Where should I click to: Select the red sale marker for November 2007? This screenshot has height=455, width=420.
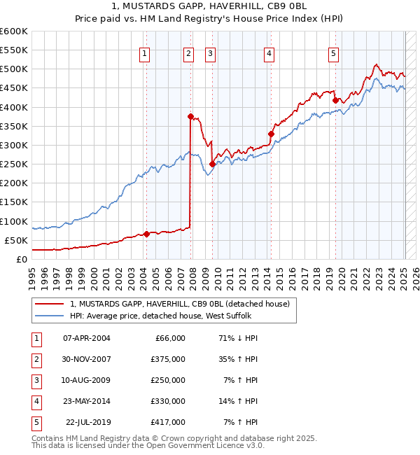tap(190, 116)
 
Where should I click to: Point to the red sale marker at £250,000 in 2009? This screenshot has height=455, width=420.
tap(212, 164)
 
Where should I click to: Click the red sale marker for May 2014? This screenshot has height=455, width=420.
tap(271, 134)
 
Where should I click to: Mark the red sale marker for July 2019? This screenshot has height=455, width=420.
tap(335, 101)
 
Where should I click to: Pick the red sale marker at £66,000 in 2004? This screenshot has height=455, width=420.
tap(146, 234)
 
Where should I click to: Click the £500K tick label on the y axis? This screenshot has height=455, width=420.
tap(13, 69)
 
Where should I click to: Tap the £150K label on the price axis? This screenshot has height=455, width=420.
tap(13, 202)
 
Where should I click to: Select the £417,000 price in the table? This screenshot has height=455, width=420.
tap(168, 422)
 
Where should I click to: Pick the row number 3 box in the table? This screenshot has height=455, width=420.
tap(35, 380)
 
